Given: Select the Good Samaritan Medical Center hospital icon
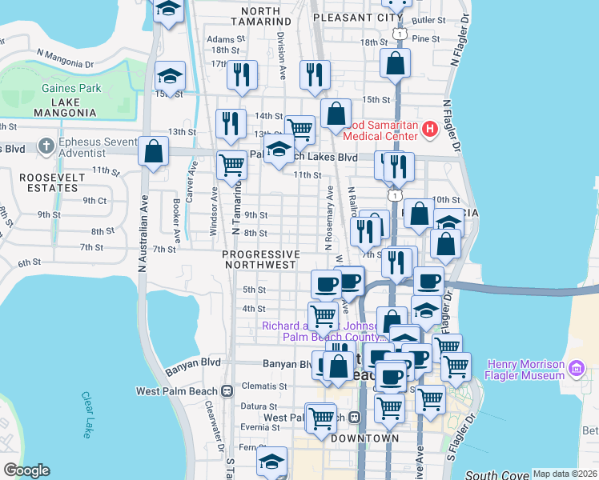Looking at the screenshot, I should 429,128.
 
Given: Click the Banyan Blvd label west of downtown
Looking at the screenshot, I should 191,371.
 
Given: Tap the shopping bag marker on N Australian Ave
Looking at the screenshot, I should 153,151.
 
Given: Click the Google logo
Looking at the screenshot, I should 26,470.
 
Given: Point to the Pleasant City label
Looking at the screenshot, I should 356,16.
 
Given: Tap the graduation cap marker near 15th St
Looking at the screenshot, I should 170,77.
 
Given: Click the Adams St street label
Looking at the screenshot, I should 225,38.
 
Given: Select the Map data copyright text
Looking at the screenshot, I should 565,474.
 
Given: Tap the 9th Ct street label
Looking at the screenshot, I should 94,201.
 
